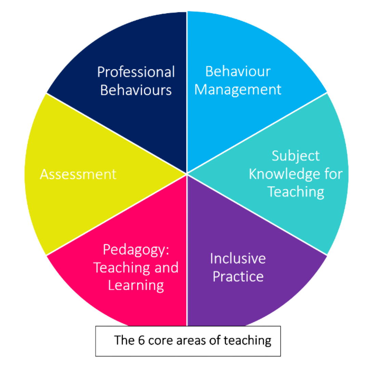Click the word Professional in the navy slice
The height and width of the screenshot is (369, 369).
[136, 72]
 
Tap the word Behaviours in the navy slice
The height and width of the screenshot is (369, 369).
[136, 90]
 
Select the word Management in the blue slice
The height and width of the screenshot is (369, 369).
[238, 90]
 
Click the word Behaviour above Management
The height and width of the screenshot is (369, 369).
[238, 72]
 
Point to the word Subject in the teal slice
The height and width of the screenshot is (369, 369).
[296, 156]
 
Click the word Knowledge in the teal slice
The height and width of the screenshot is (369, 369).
[286, 174]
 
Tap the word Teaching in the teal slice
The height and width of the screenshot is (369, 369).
[296, 191]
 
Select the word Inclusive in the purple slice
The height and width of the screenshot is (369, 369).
[238, 258]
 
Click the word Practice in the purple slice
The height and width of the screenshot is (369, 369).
[238, 276]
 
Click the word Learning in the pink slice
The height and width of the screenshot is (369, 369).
[136, 285]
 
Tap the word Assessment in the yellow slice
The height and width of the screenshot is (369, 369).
[78, 174]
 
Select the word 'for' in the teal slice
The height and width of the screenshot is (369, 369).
[333, 174]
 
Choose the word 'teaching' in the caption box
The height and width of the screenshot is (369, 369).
[247, 341]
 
